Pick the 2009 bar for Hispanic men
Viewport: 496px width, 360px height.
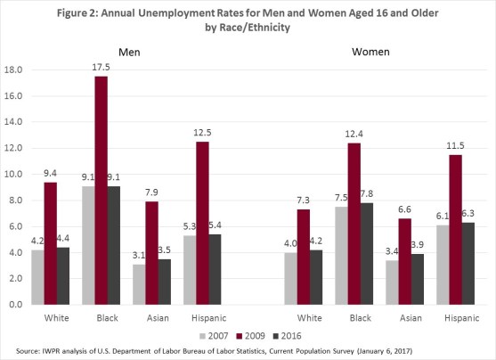click(204, 223)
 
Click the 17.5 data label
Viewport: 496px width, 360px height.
click(101, 68)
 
